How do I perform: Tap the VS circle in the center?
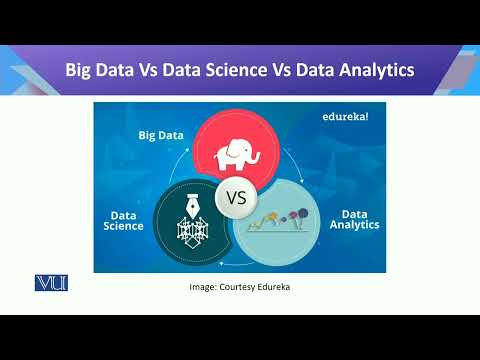pyautogui.click(x=237, y=197)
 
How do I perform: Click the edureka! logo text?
pyautogui.click(x=346, y=117)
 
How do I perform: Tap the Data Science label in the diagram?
pyautogui.click(x=123, y=219)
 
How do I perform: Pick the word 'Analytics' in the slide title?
pyautogui.click(x=374, y=70)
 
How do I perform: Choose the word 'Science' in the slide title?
pyautogui.click(x=246, y=70)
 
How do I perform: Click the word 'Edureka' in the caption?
pyautogui.click(x=271, y=287)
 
